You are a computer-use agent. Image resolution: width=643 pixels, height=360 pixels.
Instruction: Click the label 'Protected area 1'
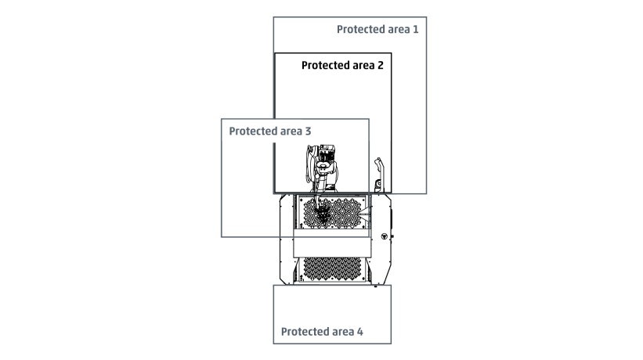tap(377, 30)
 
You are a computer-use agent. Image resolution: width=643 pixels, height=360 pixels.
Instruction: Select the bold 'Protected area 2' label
tap(342, 66)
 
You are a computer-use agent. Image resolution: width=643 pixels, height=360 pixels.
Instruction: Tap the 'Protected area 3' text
tap(270, 131)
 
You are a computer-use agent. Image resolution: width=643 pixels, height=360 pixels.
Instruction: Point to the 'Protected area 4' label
tap(322, 332)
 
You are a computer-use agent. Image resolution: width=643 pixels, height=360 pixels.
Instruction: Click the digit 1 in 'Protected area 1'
tap(416, 29)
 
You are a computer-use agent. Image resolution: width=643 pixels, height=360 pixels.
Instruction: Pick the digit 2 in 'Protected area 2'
tap(380, 65)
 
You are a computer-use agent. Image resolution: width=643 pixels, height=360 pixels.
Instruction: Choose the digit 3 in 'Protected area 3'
tap(308, 131)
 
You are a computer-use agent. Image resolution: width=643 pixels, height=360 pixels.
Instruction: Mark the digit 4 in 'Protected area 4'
tap(360, 331)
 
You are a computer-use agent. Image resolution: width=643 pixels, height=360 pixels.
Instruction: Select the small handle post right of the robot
tap(377, 175)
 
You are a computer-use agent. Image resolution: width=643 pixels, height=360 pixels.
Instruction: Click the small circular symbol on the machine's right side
tap(385, 236)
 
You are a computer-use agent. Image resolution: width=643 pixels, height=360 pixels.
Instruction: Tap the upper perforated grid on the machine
tap(332, 213)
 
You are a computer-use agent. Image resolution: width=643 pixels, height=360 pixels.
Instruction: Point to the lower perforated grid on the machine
tap(332, 269)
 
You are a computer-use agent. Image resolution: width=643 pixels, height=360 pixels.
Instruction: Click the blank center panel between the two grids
tap(332, 243)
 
